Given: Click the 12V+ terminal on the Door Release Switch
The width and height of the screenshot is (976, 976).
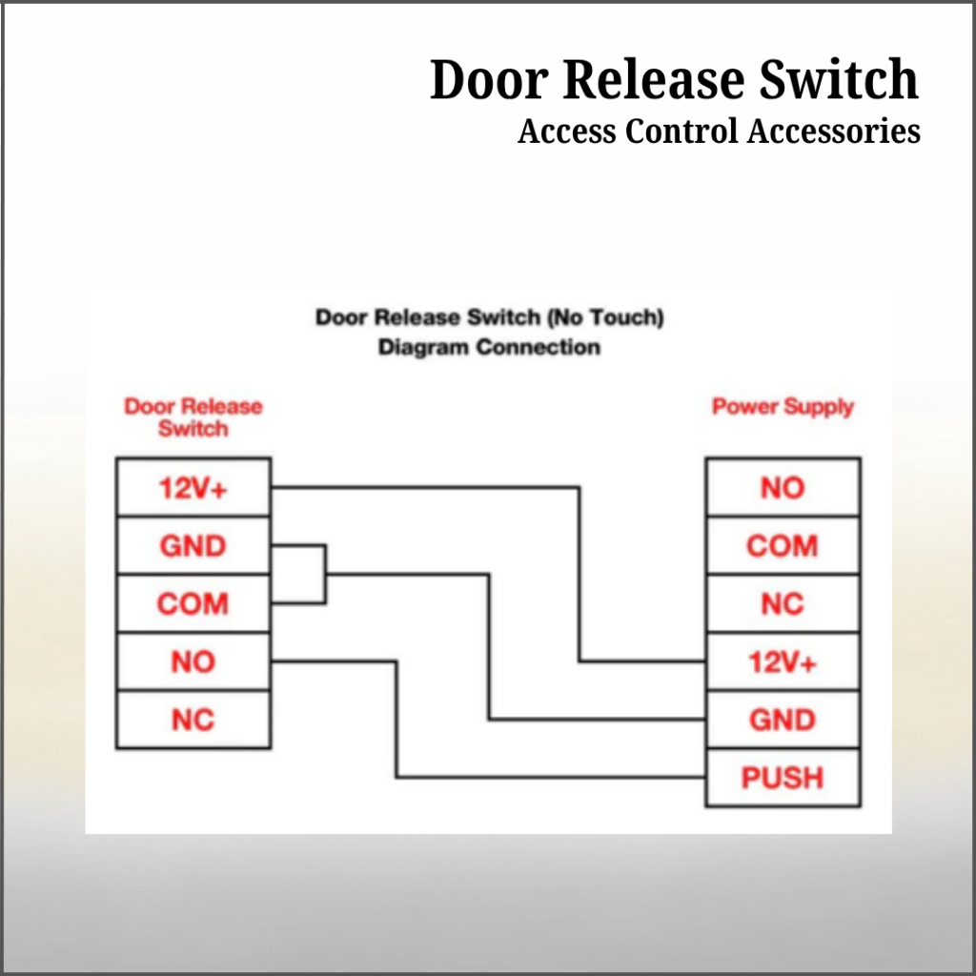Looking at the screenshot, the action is pos(193,488).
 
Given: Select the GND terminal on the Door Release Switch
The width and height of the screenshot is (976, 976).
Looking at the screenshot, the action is pos(193,546).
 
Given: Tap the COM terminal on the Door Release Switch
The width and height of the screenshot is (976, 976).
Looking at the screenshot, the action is pos(193,604).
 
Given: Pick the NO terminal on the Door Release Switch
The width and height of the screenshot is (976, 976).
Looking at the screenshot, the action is pos(193,661).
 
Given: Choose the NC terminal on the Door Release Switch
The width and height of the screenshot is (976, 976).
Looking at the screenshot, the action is pos(193,720).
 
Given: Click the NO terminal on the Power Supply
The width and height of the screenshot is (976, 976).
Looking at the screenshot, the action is pos(783,488).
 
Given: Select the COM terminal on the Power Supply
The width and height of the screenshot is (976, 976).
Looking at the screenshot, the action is pos(783,546).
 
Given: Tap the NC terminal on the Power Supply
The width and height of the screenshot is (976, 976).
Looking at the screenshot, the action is pos(783,604).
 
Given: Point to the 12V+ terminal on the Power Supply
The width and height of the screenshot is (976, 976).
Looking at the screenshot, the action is pos(783,661).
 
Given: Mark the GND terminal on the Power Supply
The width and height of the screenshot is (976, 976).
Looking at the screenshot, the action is pos(783,720).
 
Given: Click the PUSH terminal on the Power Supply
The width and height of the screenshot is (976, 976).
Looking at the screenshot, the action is pos(783,778).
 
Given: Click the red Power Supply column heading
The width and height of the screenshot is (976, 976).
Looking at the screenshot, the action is pos(783,407).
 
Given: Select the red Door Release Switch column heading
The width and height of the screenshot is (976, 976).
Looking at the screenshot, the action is pos(193,417).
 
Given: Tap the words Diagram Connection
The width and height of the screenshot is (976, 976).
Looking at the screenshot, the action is pos(489,347).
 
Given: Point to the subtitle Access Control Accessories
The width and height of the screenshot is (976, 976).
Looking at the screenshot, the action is pos(719,131).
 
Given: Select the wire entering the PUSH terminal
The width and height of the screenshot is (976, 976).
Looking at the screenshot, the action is pos(553,778).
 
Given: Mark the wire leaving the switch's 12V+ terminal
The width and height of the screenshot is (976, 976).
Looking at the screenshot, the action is pos(429,488).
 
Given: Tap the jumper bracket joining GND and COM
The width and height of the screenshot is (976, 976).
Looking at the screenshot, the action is pos(325,575).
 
